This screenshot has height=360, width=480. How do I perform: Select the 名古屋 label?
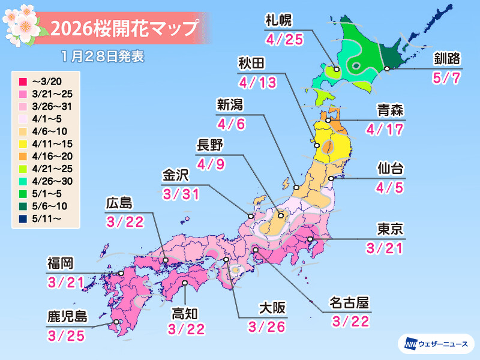(x=349, y=302)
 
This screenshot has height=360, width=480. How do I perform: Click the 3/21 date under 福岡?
(x=64, y=280)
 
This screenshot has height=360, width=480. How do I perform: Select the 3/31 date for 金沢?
(x=179, y=194)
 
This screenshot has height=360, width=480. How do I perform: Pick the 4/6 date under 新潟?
(x=230, y=124)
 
